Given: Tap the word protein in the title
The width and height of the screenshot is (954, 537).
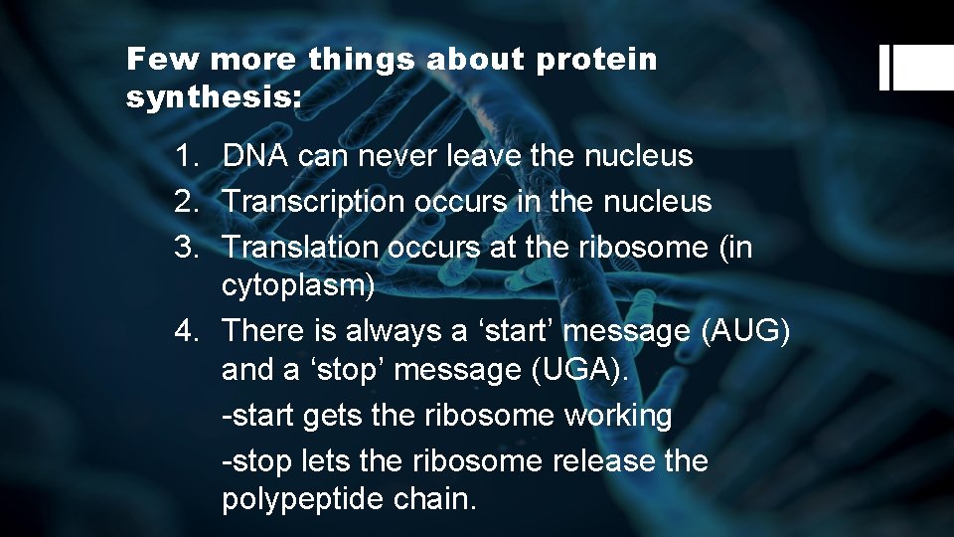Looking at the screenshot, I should pyautogui.click(x=597, y=60).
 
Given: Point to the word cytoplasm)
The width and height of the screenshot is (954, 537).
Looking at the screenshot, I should pyautogui.click(x=298, y=287).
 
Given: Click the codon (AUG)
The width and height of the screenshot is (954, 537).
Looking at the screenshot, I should pyautogui.click(x=745, y=329).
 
